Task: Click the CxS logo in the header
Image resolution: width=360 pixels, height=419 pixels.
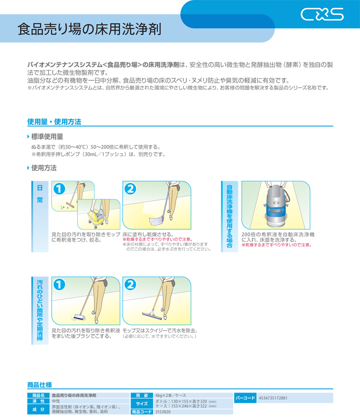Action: [322, 14]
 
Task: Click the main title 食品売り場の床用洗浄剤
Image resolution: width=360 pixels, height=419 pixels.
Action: [89, 29]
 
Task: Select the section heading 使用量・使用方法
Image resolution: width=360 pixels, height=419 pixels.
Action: [54, 122]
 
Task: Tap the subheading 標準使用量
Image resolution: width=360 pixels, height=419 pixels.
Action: [47, 136]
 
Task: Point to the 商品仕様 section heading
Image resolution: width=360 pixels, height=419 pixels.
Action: [39, 385]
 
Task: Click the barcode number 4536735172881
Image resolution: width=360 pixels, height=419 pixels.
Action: [273, 398]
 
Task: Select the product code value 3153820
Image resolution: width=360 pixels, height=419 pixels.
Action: [163, 412]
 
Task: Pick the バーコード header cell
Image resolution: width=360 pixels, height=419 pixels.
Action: [245, 398]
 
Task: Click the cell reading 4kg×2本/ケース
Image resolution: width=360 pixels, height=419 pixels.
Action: [171, 395]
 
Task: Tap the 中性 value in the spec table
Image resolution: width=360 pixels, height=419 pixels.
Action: [56, 401]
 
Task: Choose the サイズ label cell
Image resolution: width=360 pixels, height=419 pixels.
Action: [142, 404]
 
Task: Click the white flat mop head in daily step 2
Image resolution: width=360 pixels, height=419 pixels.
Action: [157, 221]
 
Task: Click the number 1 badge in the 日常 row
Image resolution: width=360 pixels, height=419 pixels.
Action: [59, 189]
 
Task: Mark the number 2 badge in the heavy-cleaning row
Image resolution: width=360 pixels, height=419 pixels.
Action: [130, 284]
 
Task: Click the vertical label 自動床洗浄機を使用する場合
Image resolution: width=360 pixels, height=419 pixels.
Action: [229, 216]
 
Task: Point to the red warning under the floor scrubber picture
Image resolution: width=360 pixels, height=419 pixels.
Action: [276, 245]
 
